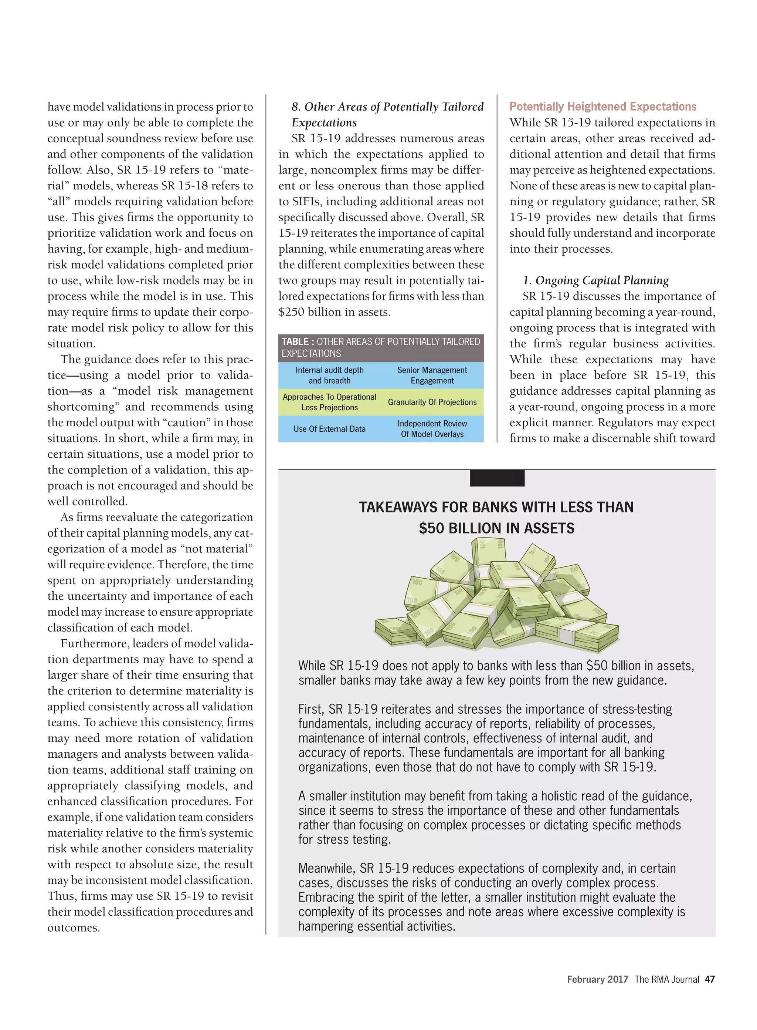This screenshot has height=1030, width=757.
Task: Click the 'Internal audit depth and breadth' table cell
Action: coord(329,375)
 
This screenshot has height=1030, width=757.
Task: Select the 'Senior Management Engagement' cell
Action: coord(432,375)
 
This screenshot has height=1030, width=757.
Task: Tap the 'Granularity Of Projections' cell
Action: coord(432,402)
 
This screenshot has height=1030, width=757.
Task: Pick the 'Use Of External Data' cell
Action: coord(329,429)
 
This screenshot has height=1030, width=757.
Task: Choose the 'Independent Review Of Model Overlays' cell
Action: coord(432,429)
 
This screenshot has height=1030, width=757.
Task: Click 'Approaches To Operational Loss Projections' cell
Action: coord(329,402)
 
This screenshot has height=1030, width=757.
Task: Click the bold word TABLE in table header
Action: coord(295,341)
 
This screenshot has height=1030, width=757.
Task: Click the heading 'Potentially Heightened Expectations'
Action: coord(602,107)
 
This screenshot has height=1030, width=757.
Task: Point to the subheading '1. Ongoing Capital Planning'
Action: coord(596,280)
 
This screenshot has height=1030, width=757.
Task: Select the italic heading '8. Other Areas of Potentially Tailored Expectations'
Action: coord(387,114)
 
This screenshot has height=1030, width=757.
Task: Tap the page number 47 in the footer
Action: coord(709,979)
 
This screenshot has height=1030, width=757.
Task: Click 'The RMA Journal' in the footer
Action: coord(666,979)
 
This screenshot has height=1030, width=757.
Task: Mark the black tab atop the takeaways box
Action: coord(497,478)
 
